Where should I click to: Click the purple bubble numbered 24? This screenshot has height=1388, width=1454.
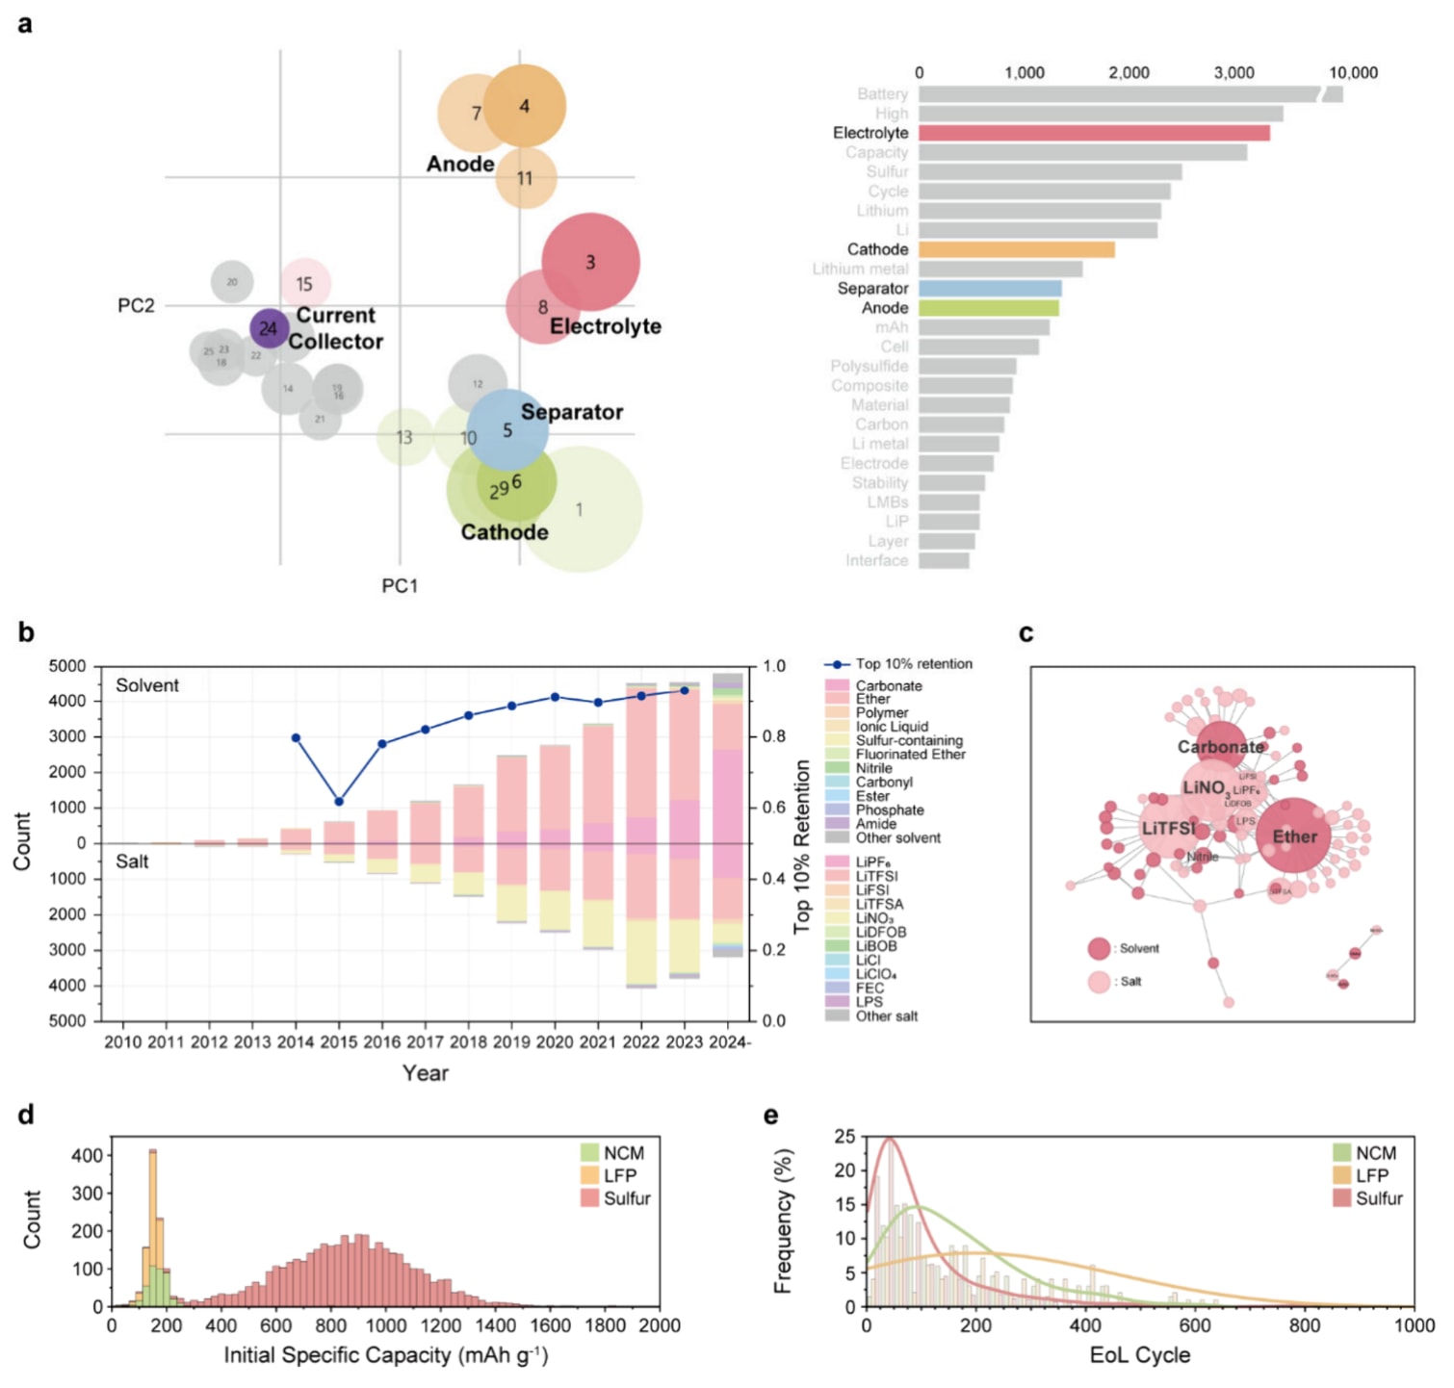269,328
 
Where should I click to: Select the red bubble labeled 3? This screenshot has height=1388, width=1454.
590,262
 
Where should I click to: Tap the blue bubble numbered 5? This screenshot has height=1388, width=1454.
507,430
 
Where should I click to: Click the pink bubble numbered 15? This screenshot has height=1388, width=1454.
305,284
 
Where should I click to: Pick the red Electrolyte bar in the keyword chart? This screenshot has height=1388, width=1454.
1093,133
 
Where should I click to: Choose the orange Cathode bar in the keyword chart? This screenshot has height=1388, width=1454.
1016,249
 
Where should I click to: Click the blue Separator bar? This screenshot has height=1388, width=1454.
990,289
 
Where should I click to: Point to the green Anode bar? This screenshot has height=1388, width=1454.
988,308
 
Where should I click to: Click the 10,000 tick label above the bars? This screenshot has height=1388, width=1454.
1353,73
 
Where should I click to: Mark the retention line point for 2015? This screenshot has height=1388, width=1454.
339,801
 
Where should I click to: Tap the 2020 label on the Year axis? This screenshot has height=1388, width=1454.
555,1041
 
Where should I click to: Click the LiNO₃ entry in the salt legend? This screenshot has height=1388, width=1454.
874,918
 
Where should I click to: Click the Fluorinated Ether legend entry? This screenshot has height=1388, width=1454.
910,755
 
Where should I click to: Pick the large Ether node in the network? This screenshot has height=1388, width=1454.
1293,835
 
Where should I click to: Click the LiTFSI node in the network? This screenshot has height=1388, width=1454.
1168,829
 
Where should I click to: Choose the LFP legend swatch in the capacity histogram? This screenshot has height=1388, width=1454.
590,1175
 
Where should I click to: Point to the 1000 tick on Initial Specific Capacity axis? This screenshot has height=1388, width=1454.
386,1325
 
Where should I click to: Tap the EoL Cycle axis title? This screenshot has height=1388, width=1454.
1139,1355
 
